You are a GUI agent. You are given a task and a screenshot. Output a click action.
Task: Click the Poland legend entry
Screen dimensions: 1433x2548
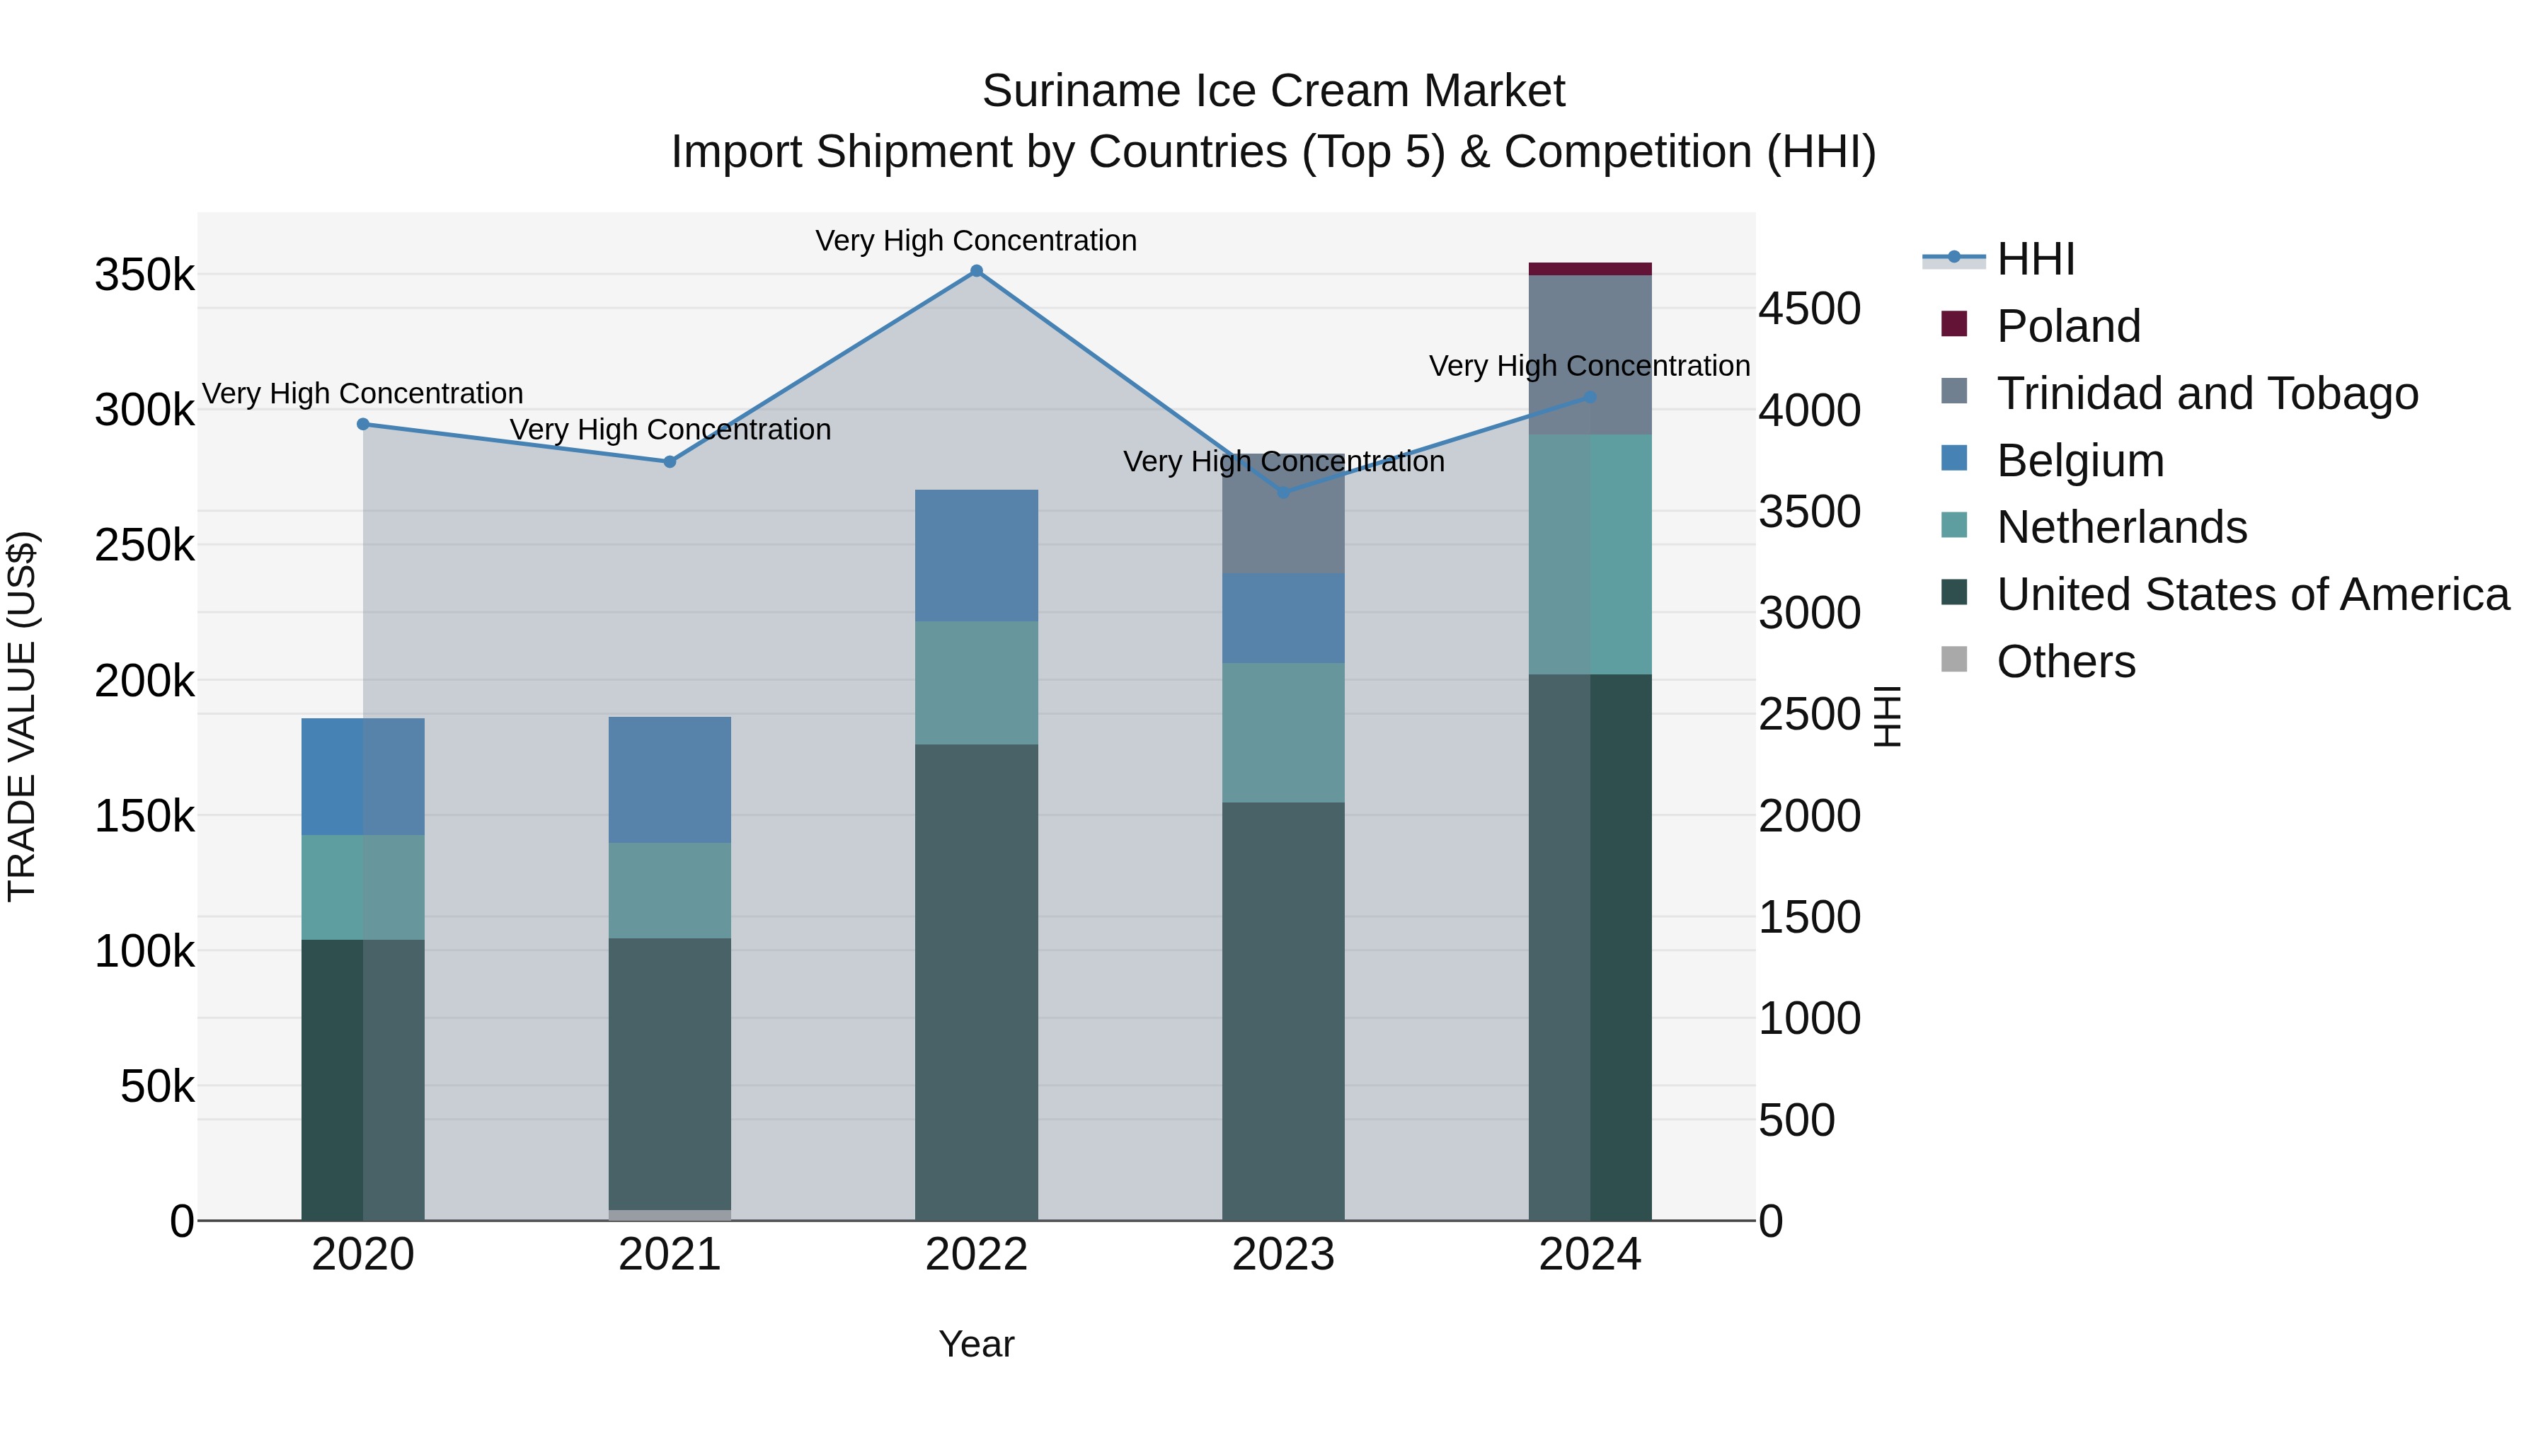point(2067,326)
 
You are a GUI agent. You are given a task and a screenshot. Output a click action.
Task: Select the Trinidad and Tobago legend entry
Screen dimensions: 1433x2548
point(2205,393)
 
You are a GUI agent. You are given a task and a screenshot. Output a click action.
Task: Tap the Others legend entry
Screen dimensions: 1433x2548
point(2065,662)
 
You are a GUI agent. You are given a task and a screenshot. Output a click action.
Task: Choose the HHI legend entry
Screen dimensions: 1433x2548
point(2035,259)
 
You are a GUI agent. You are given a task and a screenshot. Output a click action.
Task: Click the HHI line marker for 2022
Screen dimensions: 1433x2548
point(976,271)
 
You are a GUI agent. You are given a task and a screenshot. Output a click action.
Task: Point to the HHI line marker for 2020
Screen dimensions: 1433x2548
point(363,425)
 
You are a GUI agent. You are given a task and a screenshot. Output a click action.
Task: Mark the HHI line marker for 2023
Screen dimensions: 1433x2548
point(1283,493)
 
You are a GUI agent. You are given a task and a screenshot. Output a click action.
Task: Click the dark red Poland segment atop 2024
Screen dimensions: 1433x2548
point(1590,269)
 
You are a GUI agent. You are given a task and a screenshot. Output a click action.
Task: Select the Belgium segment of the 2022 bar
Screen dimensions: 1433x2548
point(976,556)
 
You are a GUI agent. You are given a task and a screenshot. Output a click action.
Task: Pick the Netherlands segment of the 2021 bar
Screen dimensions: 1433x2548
point(670,890)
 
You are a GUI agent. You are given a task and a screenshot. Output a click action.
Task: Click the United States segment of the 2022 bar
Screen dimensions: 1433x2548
point(976,979)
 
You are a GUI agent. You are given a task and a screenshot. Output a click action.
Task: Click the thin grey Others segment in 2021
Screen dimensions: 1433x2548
point(670,1214)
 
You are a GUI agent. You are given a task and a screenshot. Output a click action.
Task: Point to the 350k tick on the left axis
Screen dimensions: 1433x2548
point(144,276)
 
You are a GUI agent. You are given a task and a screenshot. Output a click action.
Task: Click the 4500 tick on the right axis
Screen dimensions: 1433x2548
point(1809,309)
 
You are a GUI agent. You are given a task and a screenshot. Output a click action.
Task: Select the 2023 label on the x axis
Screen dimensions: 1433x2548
point(1283,1255)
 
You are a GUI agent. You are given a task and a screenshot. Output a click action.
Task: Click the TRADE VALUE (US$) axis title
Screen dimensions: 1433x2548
point(22,716)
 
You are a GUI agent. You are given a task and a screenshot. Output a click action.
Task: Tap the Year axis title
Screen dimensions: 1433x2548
point(976,1344)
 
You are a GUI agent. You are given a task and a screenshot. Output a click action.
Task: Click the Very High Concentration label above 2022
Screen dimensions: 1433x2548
point(976,241)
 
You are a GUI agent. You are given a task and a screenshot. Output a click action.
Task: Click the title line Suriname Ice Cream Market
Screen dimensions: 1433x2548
point(1273,91)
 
